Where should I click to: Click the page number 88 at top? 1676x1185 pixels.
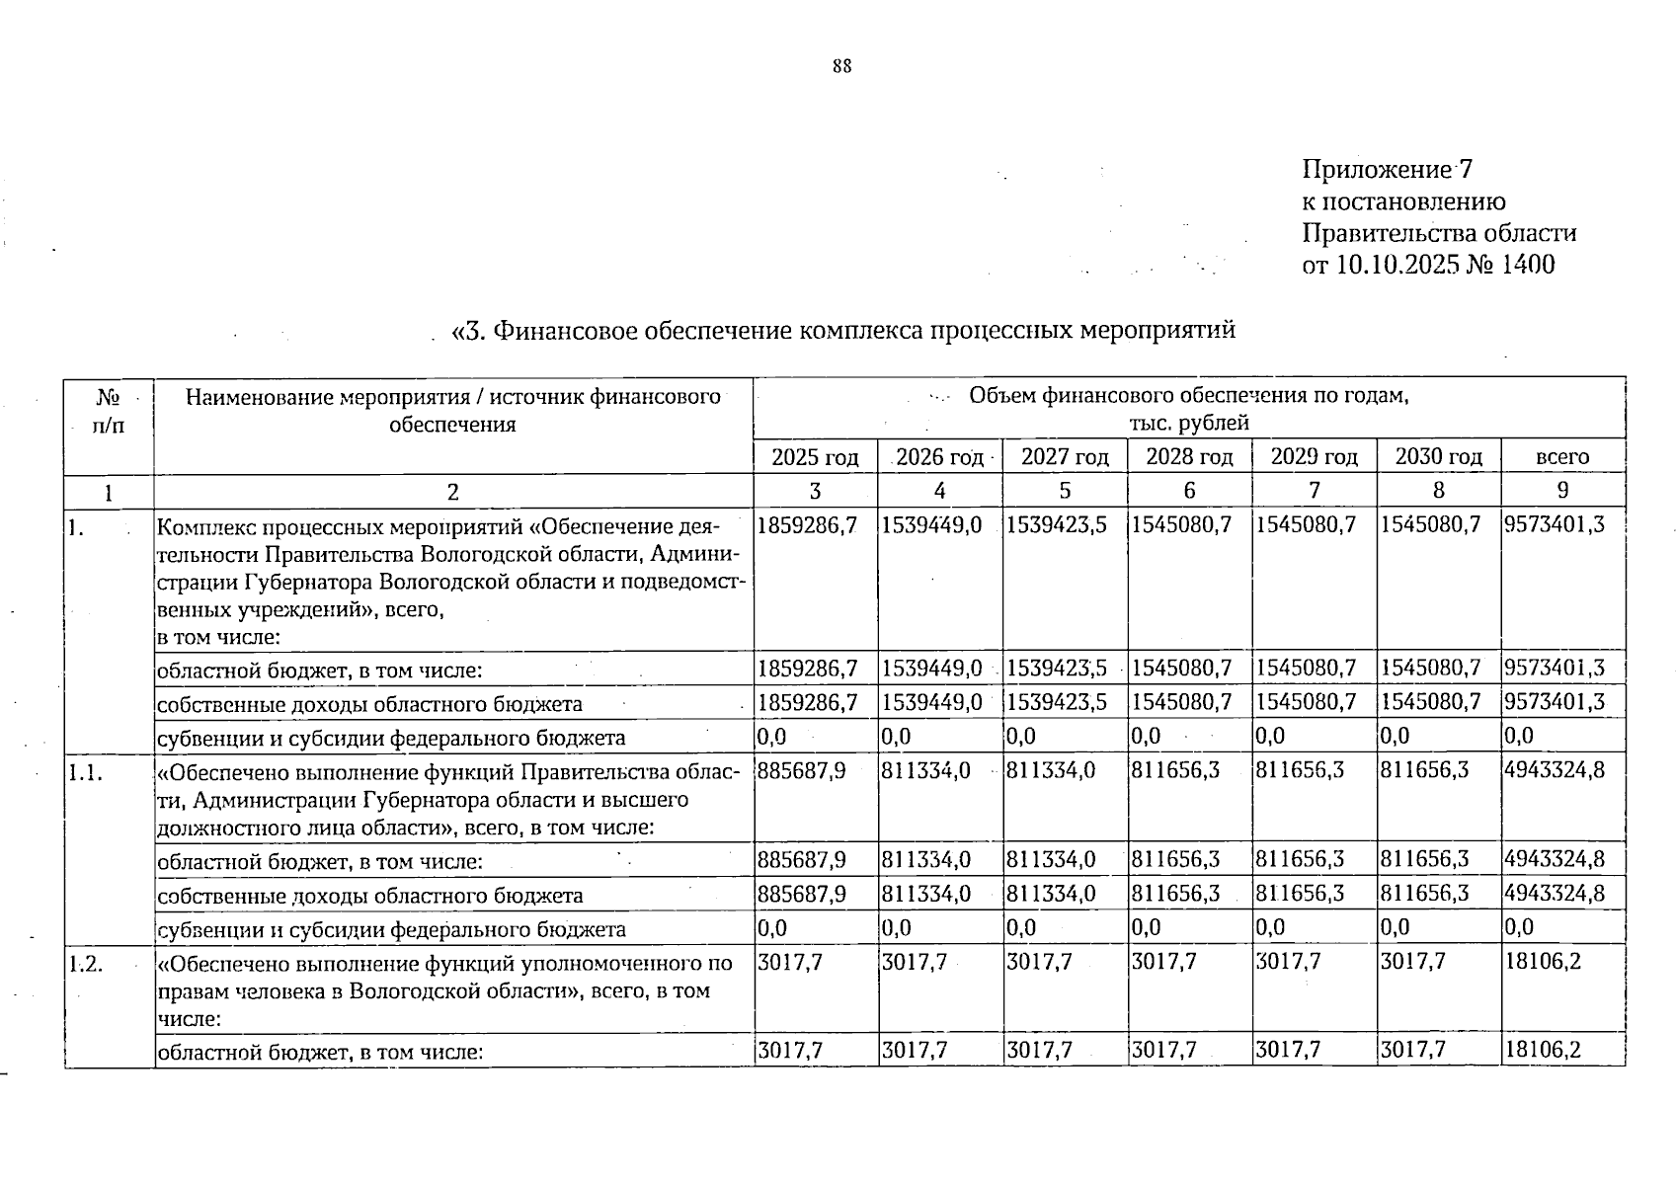pyautogui.click(x=841, y=67)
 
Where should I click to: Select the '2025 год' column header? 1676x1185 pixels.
pyautogui.click(x=816, y=457)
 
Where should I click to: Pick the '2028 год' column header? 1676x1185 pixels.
pyautogui.click(x=1189, y=457)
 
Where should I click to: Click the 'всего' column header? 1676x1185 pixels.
pyautogui.click(x=1562, y=457)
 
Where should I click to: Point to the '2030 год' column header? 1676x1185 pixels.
pyautogui.click(x=1438, y=457)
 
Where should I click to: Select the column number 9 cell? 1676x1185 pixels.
pyautogui.click(x=1562, y=491)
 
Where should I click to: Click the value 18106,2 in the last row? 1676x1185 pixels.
pyautogui.click(x=1542, y=1051)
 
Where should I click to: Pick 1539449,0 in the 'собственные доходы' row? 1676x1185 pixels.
pyautogui.click(x=931, y=703)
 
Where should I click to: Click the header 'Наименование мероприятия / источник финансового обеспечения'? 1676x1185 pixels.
pyautogui.click(x=453, y=411)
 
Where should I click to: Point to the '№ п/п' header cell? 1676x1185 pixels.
pyautogui.click(x=109, y=411)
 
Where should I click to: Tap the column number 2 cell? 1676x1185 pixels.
pyautogui.click(x=453, y=491)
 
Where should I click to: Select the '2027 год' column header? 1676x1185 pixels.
pyautogui.click(x=1065, y=457)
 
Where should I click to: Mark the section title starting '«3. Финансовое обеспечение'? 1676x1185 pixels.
pyautogui.click(x=842, y=331)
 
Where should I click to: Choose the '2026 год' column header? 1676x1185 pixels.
pyautogui.click(x=940, y=457)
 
